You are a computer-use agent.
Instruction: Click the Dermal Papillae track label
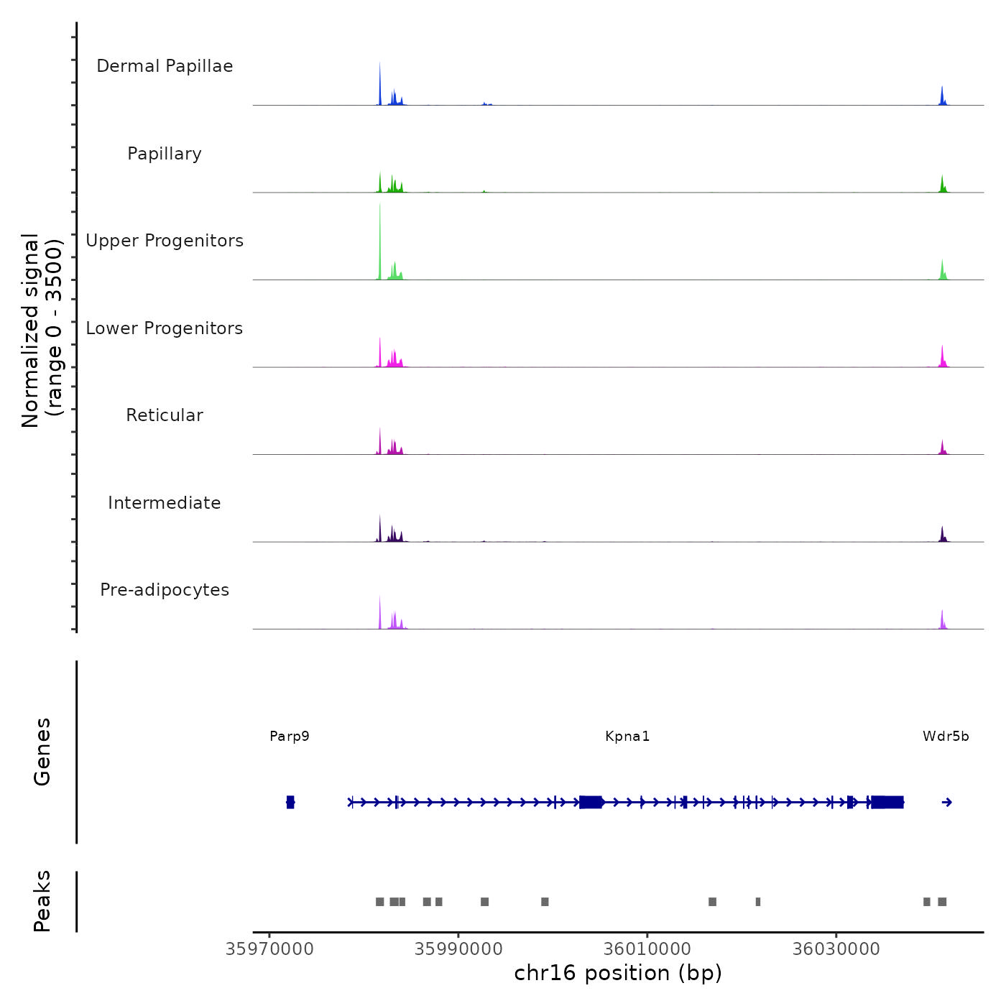(165, 66)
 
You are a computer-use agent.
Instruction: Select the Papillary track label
(165, 154)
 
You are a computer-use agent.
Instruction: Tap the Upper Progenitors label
(165, 241)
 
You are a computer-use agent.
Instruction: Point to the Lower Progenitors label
(165, 328)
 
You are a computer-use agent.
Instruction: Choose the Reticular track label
(165, 415)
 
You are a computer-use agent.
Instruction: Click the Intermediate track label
(165, 503)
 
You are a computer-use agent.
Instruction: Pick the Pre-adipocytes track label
(165, 590)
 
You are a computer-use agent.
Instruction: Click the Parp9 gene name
(290, 736)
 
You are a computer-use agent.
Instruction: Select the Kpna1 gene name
(627, 736)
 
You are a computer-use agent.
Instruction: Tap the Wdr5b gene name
(946, 736)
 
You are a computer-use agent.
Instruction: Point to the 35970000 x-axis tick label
(269, 949)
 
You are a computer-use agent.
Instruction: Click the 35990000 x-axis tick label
(458, 949)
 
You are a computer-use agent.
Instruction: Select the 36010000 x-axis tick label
(647, 949)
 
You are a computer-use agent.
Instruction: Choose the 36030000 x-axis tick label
(836, 949)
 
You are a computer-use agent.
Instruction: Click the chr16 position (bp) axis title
(618, 973)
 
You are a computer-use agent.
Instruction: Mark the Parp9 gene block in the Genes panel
(290, 802)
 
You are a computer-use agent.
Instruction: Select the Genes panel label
(42, 752)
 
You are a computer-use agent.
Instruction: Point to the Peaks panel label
(42, 901)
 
